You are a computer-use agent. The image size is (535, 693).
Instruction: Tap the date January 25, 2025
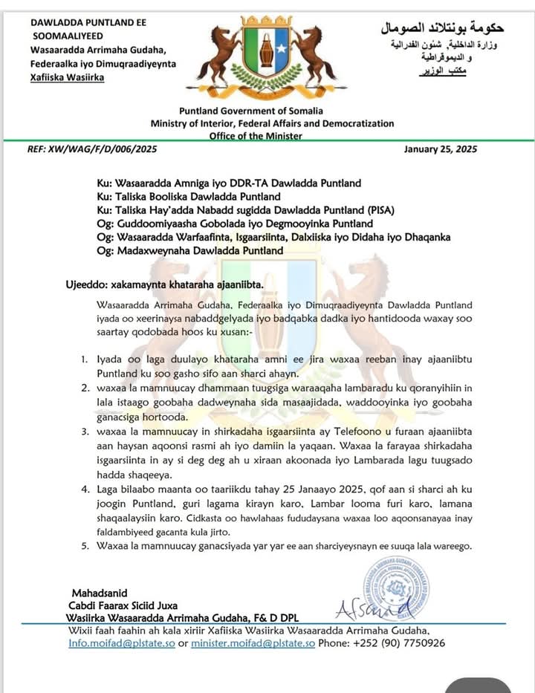click(441, 149)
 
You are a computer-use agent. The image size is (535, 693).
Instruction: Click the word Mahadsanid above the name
click(100, 593)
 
